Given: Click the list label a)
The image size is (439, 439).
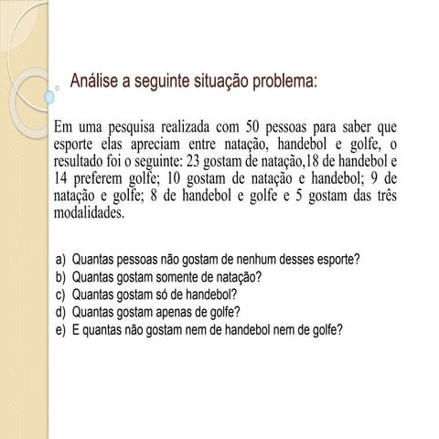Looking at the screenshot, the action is (x=60, y=260).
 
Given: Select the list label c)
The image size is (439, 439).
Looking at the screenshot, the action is (x=60, y=294).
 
